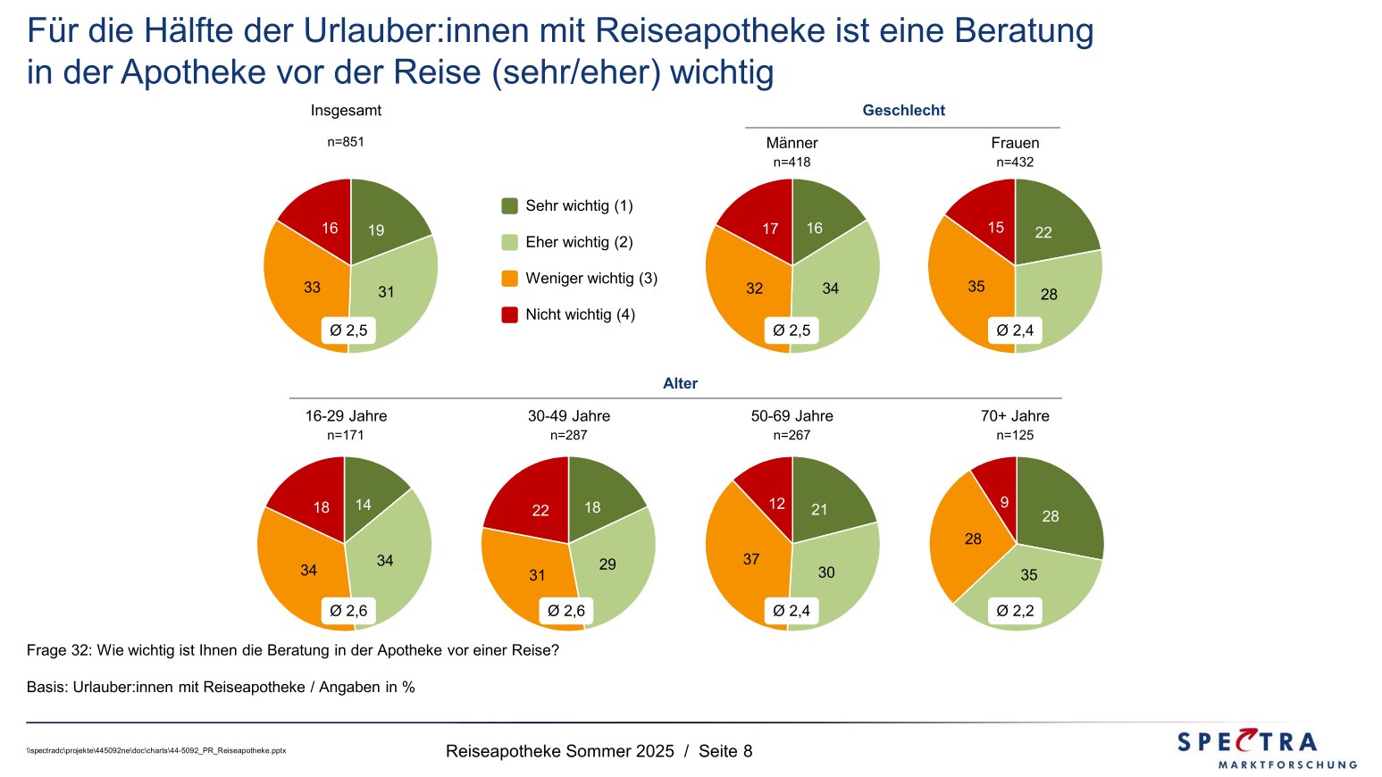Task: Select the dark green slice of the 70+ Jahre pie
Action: click(1054, 509)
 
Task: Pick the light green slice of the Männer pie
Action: click(835, 286)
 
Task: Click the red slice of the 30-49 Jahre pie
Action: click(532, 505)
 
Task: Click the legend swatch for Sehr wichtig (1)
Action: click(510, 206)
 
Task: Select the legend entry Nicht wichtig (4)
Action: click(580, 314)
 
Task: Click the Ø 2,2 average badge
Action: click(1016, 611)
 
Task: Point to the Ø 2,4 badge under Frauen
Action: click(1016, 330)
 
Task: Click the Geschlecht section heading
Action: click(903, 111)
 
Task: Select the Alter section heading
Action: click(680, 384)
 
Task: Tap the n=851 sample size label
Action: click(346, 142)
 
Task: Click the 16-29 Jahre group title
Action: click(346, 416)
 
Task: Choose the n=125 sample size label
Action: click(1016, 436)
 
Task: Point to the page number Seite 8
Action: click(725, 751)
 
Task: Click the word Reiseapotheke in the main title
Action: click(709, 31)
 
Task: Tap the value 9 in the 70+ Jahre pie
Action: click(1004, 503)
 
